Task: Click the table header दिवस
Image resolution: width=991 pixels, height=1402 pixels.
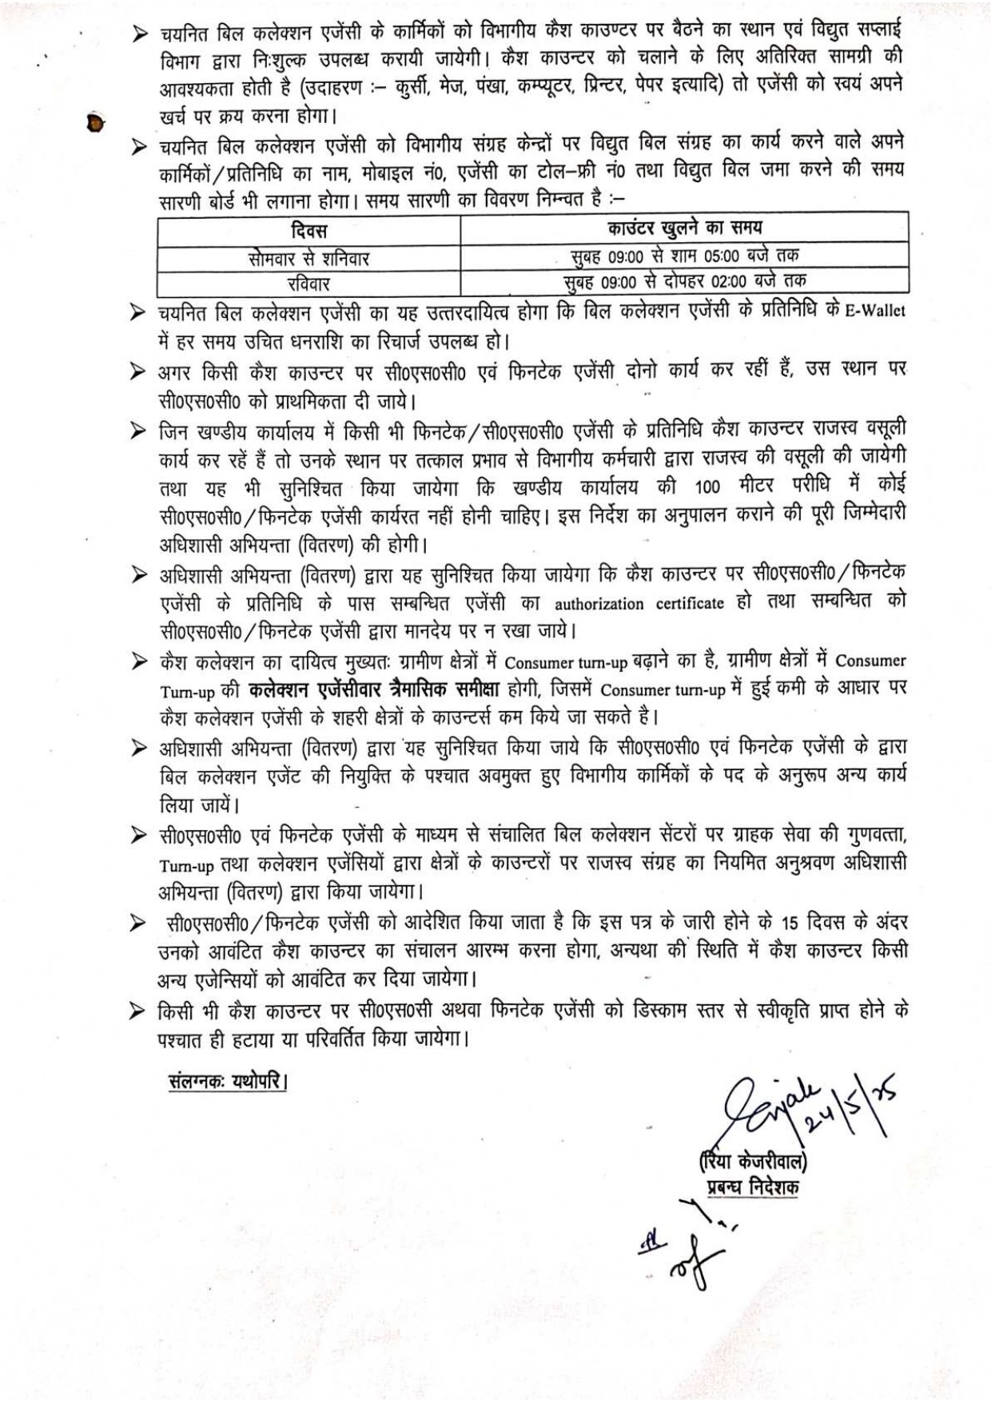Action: click(308, 231)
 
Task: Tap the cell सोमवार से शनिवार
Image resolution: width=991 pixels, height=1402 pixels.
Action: click(308, 258)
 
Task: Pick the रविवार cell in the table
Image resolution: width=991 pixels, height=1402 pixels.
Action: click(308, 283)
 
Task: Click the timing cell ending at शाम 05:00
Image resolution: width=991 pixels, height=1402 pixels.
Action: click(685, 255)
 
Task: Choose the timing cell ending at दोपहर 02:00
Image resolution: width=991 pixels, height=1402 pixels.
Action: click(685, 280)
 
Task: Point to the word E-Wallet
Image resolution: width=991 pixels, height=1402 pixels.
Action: click(875, 311)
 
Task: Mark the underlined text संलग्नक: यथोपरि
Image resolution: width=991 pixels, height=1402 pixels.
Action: click(229, 1083)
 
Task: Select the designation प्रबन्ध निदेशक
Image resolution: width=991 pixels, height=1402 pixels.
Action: click(753, 1187)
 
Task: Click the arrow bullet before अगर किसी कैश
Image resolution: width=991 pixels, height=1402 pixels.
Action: click(141, 371)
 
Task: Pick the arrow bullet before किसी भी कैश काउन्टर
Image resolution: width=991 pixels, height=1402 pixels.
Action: click(141, 1011)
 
